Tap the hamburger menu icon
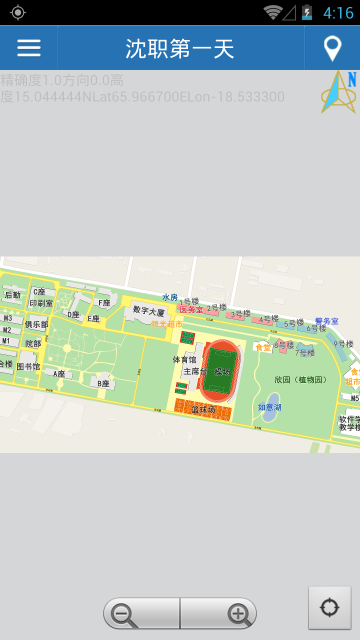[29, 48]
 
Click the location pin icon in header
[332, 48]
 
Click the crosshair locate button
[329, 608]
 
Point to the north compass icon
[338, 92]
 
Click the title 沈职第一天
[180, 48]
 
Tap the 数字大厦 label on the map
[148, 311]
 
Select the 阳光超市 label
[167, 324]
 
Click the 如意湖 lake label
[269, 407]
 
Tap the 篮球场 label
[203, 410]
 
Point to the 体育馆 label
[184, 359]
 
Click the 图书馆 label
[28, 366]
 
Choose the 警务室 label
[326, 321]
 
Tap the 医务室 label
[191, 310]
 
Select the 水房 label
[170, 297]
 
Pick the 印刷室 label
[41, 303]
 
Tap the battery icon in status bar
[307, 12]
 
